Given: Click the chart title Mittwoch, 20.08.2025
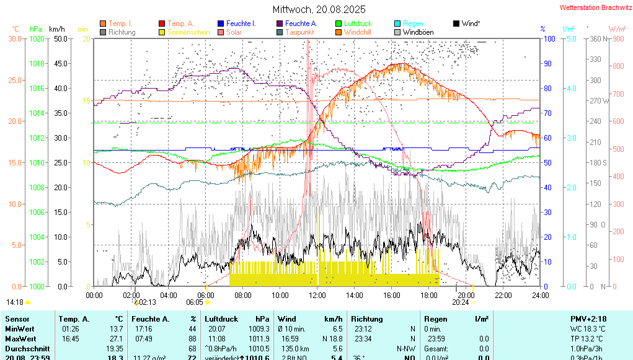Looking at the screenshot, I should tap(319, 9).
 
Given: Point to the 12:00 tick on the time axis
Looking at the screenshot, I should tap(317, 295).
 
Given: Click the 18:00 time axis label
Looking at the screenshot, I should tap(428, 295).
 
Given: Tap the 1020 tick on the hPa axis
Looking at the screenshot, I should tap(37, 38).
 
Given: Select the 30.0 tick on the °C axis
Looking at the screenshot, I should tap(15, 38).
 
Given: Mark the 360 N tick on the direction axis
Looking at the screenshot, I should tap(596, 38).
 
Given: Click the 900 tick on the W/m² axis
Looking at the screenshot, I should tap(618, 38).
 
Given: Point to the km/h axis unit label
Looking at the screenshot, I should tap(57, 29).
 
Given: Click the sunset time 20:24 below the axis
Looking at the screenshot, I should tap(460, 302).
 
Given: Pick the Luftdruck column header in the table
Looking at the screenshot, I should tap(221, 318).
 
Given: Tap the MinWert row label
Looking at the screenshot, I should tap(20, 329).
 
